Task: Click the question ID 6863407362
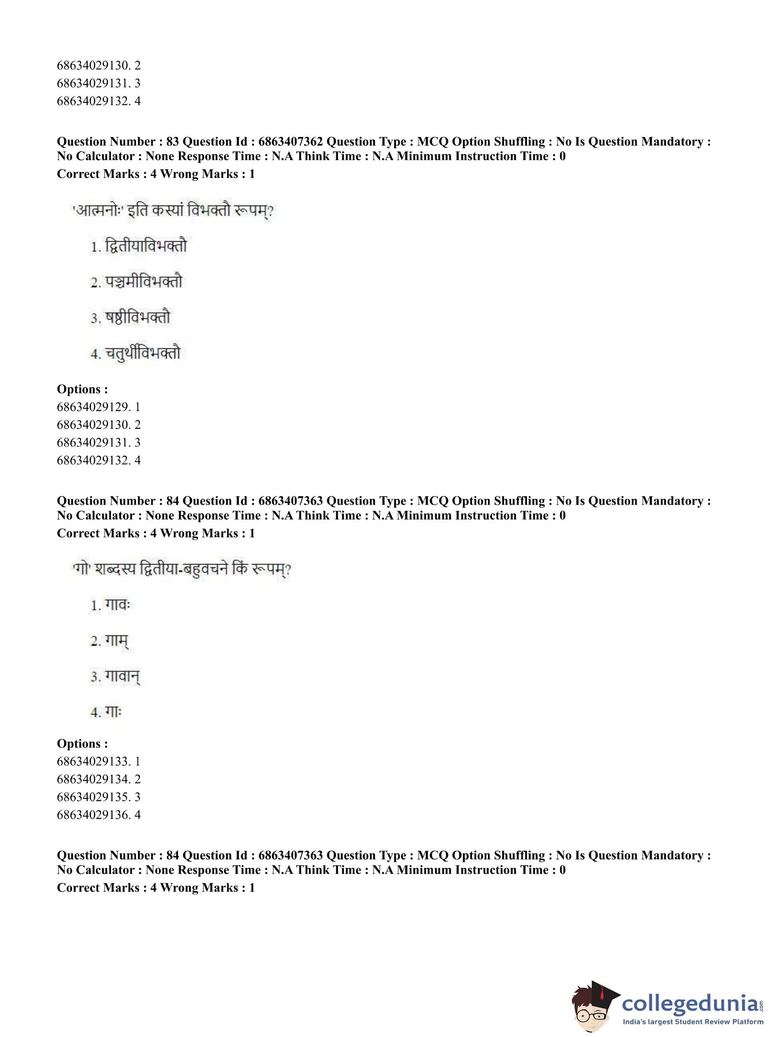pos(290,142)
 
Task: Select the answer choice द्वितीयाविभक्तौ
pos(145,246)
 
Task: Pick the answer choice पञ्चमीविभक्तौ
pos(143,281)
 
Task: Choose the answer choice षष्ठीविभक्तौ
pos(137,317)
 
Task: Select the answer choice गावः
pos(117,605)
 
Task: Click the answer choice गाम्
pos(116,641)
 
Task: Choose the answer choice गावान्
pos(122,676)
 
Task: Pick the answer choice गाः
pos(113,712)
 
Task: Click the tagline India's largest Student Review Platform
pos(693,1022)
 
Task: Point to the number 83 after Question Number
pos(172,142)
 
